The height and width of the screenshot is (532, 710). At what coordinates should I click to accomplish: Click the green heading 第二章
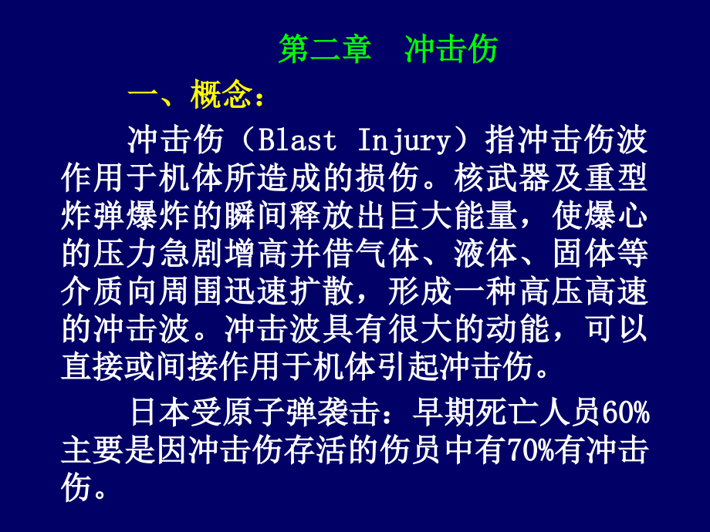click(324, 49)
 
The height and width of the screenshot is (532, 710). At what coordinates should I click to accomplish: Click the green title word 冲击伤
click(451, 49)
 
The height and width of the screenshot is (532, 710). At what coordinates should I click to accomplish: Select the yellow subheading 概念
click(221, 98)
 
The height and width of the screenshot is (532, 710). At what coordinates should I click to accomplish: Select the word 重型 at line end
click(621, 179)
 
